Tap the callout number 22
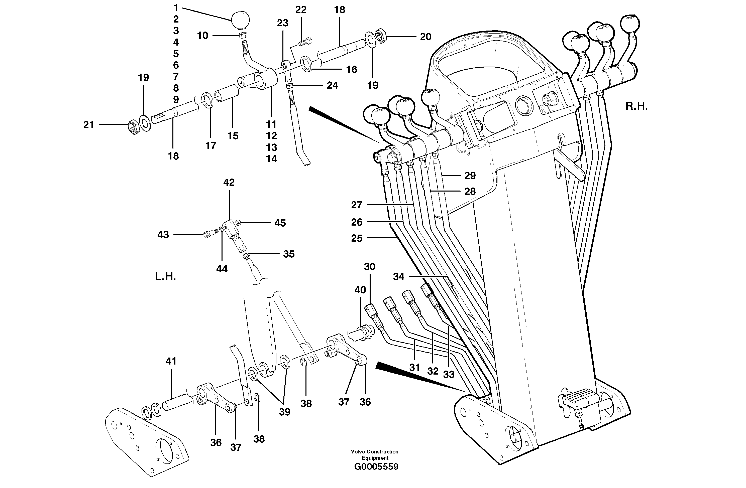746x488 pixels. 301,10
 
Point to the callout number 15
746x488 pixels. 233,136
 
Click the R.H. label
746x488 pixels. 636,106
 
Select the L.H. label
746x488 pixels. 165,277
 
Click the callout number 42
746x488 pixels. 229,182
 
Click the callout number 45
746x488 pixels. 280,223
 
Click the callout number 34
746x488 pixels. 398,277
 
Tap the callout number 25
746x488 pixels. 357,238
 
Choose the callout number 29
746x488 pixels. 470,176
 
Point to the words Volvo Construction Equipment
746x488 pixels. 375,454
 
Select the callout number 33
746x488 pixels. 449,374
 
